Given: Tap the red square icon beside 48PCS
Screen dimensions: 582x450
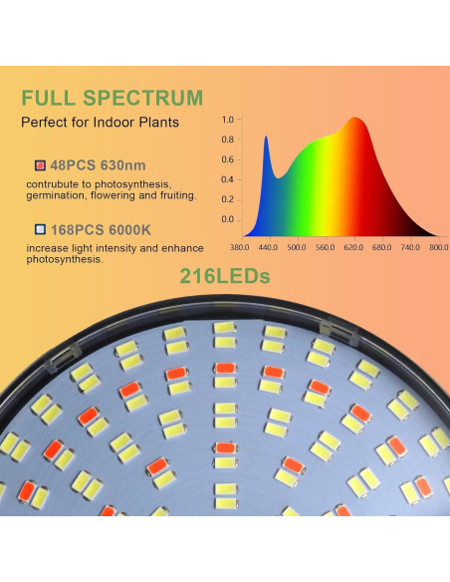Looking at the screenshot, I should tap(39, 164).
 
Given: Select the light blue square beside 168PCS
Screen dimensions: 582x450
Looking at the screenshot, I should tap(39, 228).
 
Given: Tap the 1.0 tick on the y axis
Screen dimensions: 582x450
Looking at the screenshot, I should tap(227, 120).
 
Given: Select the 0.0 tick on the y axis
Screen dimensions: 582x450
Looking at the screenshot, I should tap(227, 219).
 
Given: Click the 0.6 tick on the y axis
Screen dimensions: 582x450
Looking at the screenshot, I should tap(227, 159).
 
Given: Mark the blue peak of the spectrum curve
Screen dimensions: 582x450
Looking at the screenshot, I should tap(266, 139).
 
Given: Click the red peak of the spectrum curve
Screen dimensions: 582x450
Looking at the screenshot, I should tap(353, 121).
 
